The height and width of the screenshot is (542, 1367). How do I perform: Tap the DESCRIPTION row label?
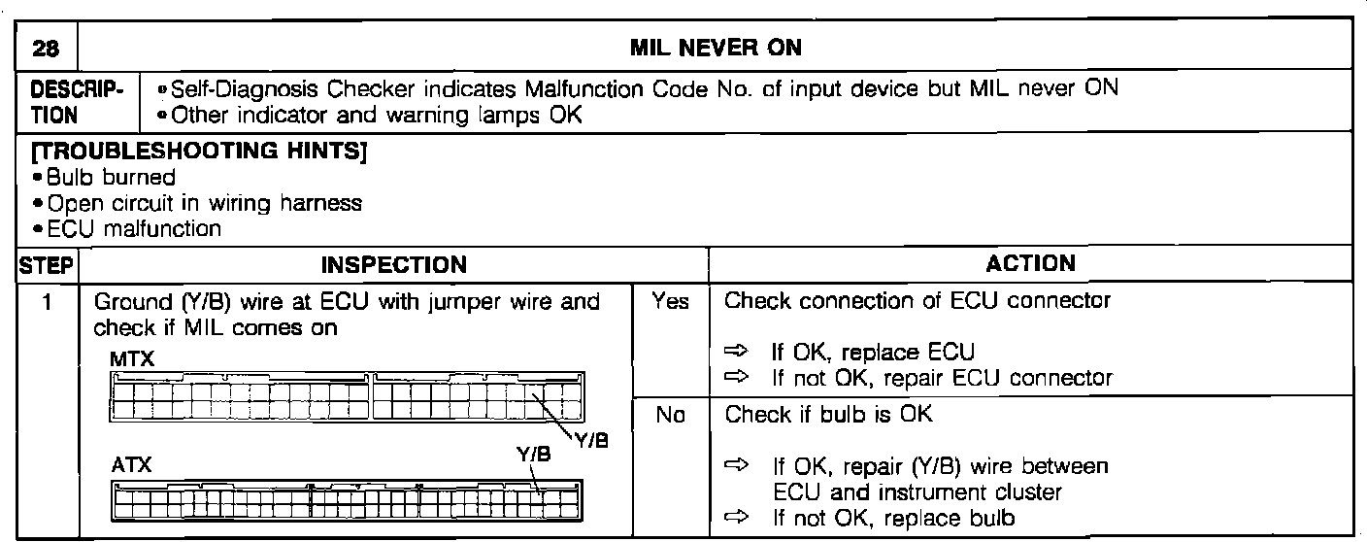(x=77, y=100)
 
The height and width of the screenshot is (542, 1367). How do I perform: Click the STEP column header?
(x=47, y=263)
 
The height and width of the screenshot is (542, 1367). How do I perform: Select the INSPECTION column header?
(x=393, y=264)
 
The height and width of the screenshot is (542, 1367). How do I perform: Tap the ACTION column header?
(x=1030, y=263)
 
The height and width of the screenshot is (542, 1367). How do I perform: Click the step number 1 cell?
(x=47, y=301)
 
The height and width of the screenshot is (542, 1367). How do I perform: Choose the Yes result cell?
(x=670, y=302)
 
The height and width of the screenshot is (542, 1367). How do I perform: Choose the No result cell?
(x=670, y=415)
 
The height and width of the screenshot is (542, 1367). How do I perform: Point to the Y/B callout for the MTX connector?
(x=591, y=441)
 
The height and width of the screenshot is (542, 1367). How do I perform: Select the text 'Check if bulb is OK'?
(x=828, y=415)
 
